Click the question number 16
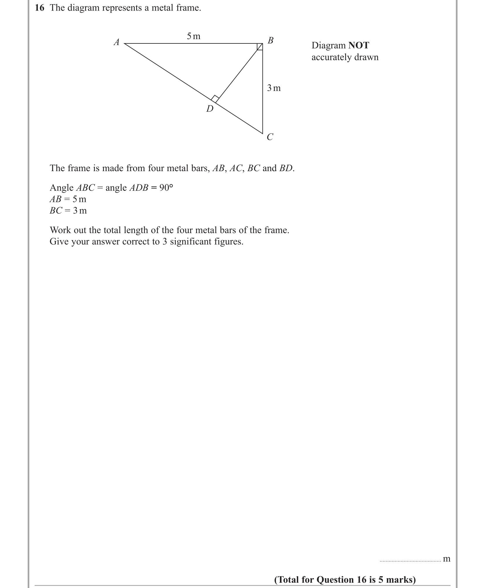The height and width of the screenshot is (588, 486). pyautogui.click(x=39, y=8)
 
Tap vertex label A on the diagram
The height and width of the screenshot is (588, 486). pyautogui.click(x=117, y=42)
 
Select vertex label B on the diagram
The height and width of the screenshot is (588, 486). pyautogui.click(x=271, y=40)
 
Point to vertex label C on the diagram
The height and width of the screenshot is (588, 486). pyautogui.click(x=270, y=137)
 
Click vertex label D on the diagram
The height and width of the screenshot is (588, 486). pyautogui.click(x=210, y=109)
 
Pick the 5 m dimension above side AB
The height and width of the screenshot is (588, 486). pyautogui.click(x=193, y=36)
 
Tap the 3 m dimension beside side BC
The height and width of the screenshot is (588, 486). pyautogui.click(x=274, y=88)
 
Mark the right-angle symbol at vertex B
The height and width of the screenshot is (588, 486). pyautogui.click(x=260, y=47)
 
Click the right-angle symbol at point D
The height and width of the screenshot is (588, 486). pyautogui.click(x=215, y=99)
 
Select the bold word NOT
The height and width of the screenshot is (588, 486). pyautogui.click(x=359, y=46)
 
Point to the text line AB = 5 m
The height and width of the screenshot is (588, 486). pyautogui.click(x=68, y=199)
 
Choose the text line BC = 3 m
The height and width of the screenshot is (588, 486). pyautogui.click(x=68, y=211)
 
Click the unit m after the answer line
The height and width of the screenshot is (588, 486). pyautogui.click(x=446, y=559)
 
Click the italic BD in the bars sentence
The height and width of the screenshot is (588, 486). pyautogui.click(x=286, y=168)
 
